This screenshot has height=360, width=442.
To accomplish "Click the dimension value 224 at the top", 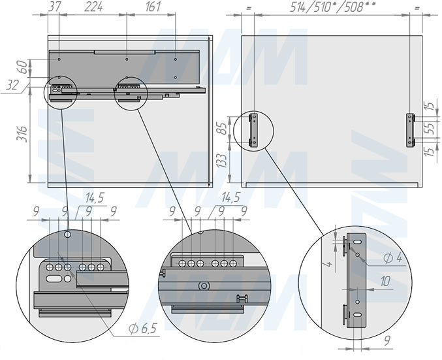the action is [93, 7].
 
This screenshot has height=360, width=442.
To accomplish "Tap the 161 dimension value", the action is [153, 7].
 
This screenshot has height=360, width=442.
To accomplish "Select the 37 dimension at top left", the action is [54, 7].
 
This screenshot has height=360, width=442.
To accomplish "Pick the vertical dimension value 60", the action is [24, 67].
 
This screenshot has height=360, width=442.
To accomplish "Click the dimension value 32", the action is [12, 85].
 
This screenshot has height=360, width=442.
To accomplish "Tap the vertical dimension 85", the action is [223, 129].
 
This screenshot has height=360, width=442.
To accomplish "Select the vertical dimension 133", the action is [223, 160].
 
